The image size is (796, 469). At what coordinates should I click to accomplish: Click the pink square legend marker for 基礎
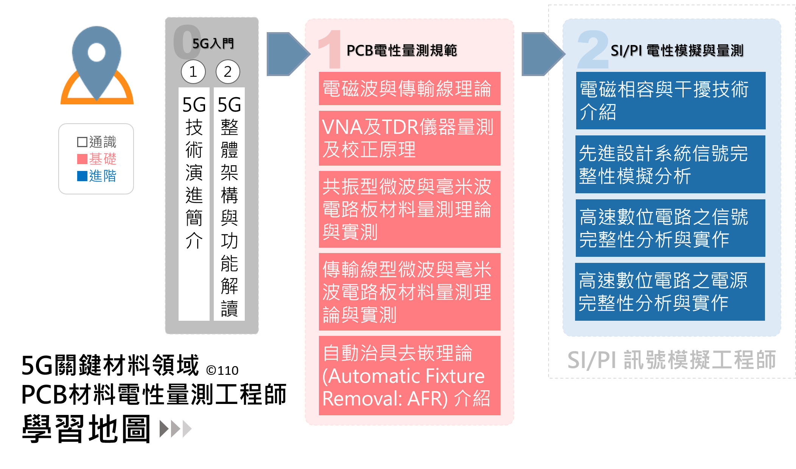(x=82, y=159)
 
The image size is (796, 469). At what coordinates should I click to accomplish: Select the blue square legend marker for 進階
(x=82, y=176)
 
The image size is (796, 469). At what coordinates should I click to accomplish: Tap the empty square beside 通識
(x=82, y=142)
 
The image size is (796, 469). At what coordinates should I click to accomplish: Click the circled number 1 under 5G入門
(x=193, y=71)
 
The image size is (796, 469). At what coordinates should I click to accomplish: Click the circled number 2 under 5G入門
(x=228, y=71)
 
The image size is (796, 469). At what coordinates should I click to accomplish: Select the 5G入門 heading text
(x=213, y=43)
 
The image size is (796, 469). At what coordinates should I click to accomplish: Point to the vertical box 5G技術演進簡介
(x=194, y=204)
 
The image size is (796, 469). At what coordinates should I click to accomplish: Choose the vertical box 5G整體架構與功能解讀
(x=229, y=204)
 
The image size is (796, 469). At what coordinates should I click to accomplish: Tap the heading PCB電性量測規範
(x=401, y=50)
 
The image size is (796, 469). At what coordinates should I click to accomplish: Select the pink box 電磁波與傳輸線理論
(x=409, y=89)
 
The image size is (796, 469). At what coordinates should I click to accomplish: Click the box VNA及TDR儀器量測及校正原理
(x=409, y=138)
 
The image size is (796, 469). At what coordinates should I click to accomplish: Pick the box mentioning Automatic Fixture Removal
(x=409, y=376)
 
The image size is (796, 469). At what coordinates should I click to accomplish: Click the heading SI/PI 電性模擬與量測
(x=677, y=50)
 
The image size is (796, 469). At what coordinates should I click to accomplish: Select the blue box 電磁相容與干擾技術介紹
(x=670, y=101)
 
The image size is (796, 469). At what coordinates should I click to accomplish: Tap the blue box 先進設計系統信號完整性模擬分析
(x=670, y=164)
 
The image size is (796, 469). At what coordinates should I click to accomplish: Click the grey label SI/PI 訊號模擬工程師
(x=672, y=360)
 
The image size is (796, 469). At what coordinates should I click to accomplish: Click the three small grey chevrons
(x=176, y=429)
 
